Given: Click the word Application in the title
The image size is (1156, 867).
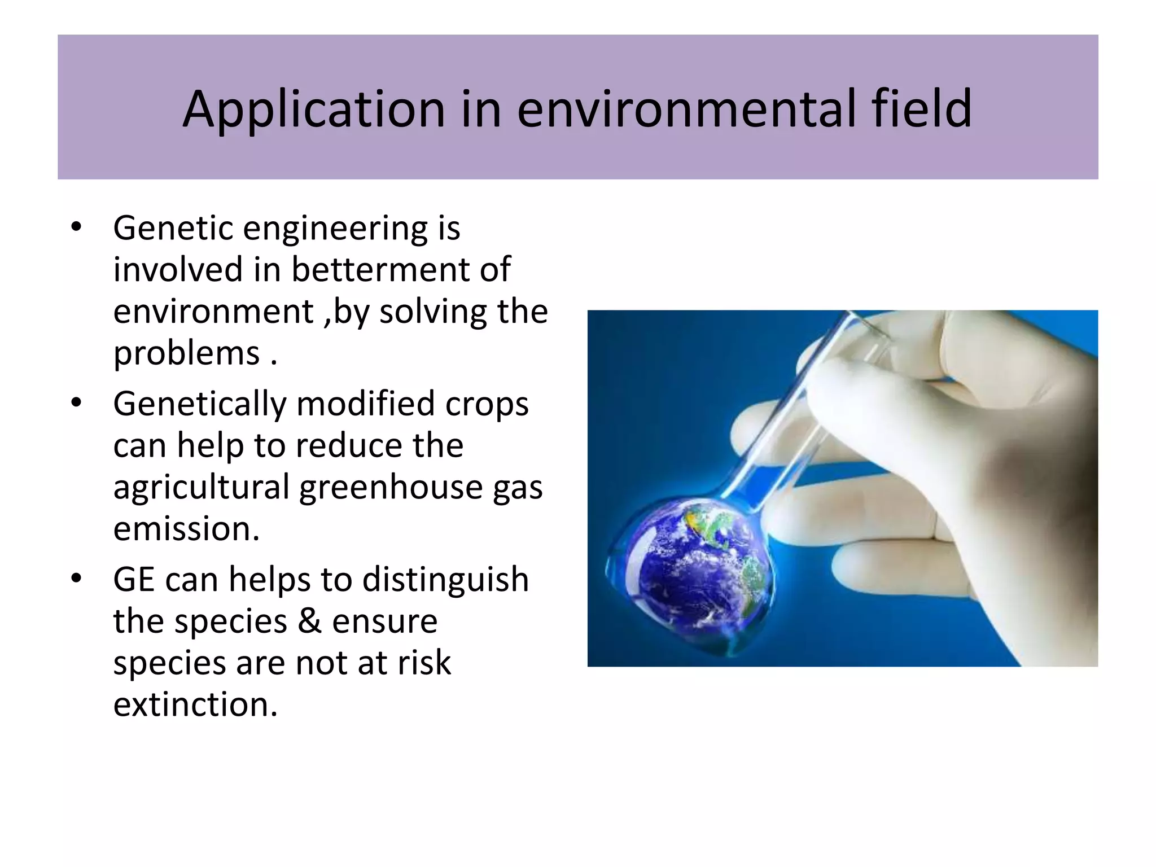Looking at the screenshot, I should pyautogui.click(x=314, y=110).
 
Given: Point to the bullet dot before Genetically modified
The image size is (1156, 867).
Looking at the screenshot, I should pyautogui.click(x=76, y=403).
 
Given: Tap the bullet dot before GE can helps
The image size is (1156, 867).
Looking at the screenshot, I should pyautogui.click(x=76, y=579).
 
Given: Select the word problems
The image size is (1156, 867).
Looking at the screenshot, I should pyautogui.click(x=186, y=354).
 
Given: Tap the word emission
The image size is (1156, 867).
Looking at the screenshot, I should pyautogui.click(x=186, y=529).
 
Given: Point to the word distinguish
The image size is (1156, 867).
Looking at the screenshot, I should pyautogui.click(x=445, y=580).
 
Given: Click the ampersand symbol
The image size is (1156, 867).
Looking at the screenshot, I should pyautogui.click(x=309, y=621).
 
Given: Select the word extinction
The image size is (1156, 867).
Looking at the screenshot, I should pyautogui.click(x=195, y=704).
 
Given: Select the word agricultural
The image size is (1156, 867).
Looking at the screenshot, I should pyautogui.click(x=202, y=488).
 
